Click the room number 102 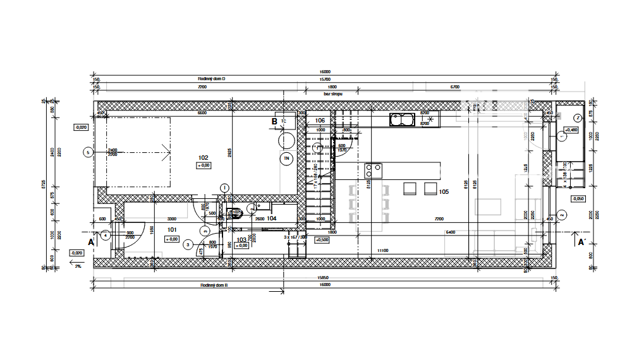point(204,158)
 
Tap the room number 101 point(171,231)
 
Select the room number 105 point(443,192)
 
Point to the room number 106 point(320,120)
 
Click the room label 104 point(272,218)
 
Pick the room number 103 point(241,240)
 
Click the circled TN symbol point(287,159)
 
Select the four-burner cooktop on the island point(373,169)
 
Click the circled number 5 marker point(88,152)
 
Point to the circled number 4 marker point(106,235)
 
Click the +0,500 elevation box point(322,240)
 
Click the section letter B point(274,121)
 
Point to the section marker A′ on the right point(580,241)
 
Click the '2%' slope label point(78,266)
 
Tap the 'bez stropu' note point(333,93)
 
